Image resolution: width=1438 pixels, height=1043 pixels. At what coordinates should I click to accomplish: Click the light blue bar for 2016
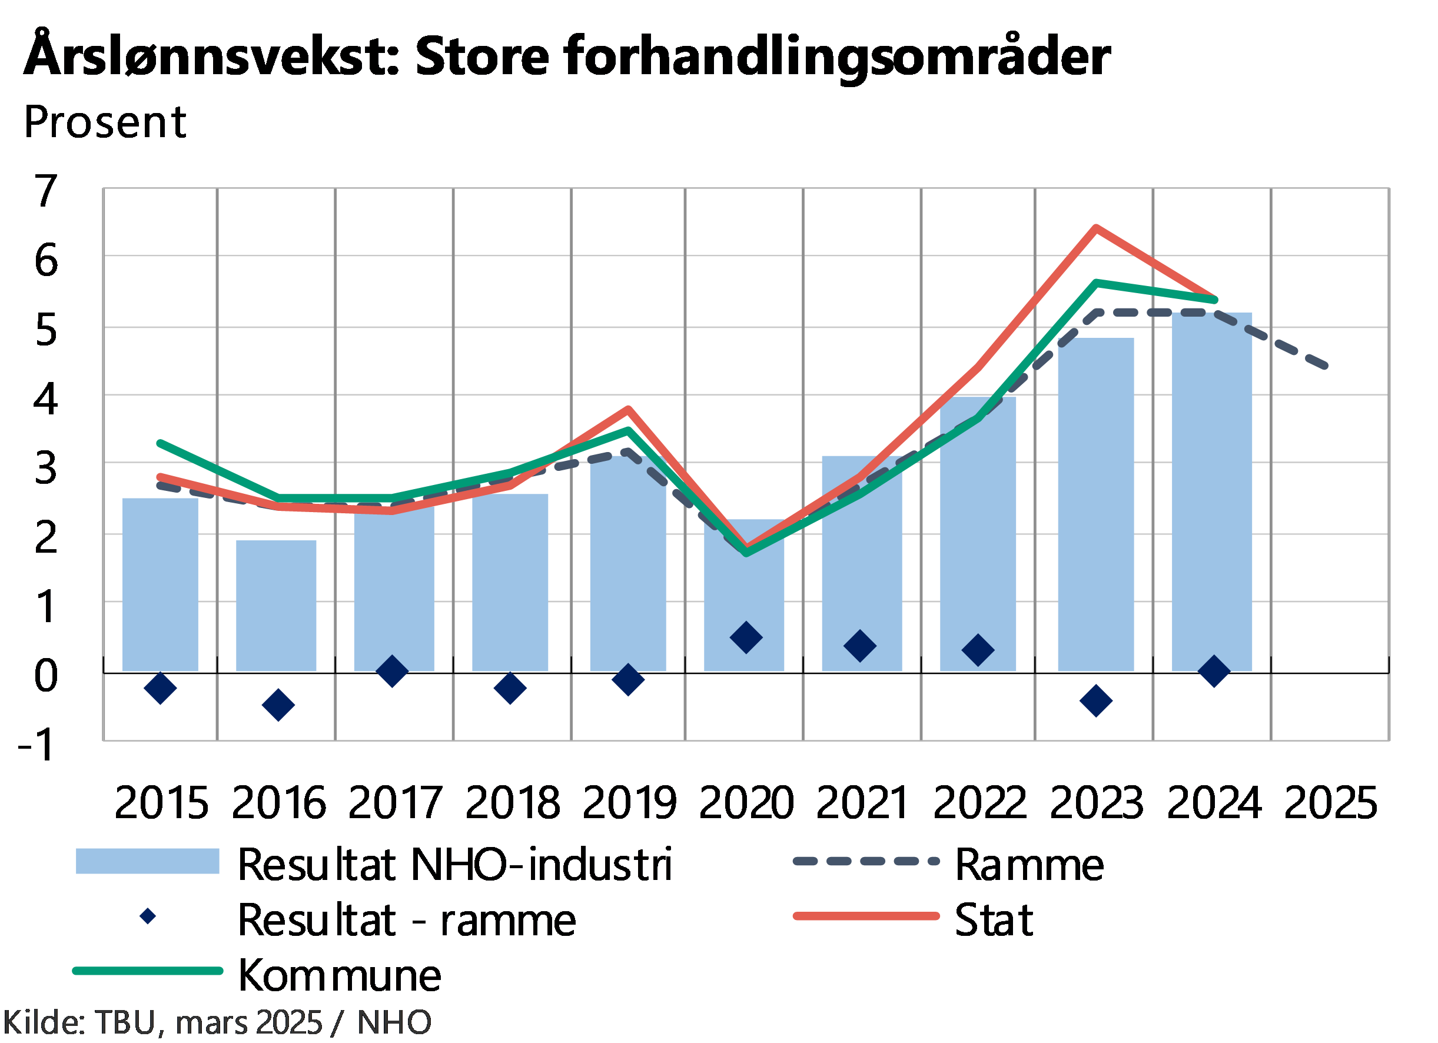click(x=276, y=606)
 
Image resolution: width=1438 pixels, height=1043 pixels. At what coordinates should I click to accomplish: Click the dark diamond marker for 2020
click(x=746, y=638)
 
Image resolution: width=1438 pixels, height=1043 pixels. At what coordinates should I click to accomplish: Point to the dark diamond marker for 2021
click(x=861, y=646)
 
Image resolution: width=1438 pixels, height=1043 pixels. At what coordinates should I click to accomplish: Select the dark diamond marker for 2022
click(x=978, y=650)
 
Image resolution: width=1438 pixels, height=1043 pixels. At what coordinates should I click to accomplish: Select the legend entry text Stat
click(x=994, y=920)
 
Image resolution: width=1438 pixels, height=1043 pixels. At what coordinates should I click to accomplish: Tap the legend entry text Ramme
click(x=1029, y=864)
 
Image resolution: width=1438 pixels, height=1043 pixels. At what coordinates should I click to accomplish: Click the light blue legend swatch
click(x=147, y=861)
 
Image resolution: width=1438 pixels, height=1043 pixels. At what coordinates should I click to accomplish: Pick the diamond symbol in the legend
click(x=148, y=916)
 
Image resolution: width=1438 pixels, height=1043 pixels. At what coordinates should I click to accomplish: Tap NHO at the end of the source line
click(x=394, y=1022)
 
